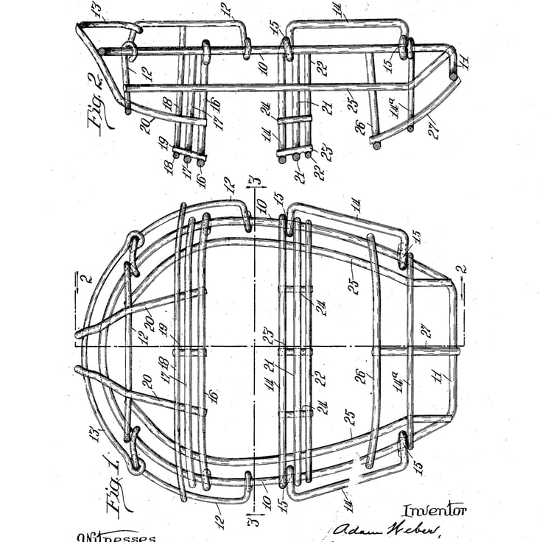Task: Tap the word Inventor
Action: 434,510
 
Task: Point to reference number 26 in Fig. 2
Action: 359,127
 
